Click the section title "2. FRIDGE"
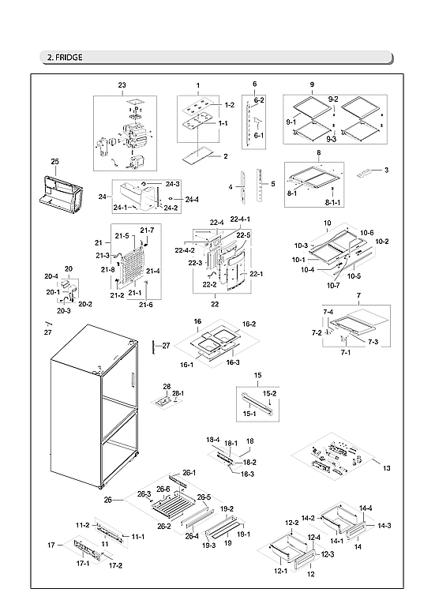pyautogui.click(x=64, y=58)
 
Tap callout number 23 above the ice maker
pyautogui.click(x=122, y=84)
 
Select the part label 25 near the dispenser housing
pyautogui.click(x=54, y=162)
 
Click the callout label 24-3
pyautogui.click(x=173, y=184)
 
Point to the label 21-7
pyautogui.click(x=147, y=230)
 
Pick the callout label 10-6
pyautogui.click(x=366, y=233)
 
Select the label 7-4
pyautogui.click(x=328, y=313)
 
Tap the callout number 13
pyautogui.click(x=386, y=469)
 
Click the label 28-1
pyautogui.click(x=178, y=393)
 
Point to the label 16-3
pyautogui.click(x=233, y=362)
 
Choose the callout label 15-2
pyautogui.click(x=269, y=393)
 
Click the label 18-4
pyautogui.click(x=212, y=440)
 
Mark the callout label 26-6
pyautogui.click(x=163, y=490)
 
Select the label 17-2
pyautogui.click(x=115, y=566)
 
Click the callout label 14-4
pyautogui.click(x=366, y=508)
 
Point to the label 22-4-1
pyautogui.click(x=240, y=219)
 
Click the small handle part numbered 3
pyautogui.click(x=366, y=171)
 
